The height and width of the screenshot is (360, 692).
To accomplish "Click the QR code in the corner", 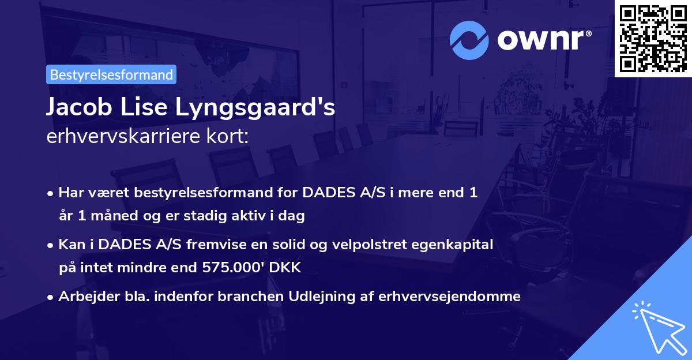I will [x=652, y=38].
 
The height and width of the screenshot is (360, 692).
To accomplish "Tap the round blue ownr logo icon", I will [x=468, y=40].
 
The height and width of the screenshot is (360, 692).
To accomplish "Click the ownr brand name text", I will [x=543, y=39].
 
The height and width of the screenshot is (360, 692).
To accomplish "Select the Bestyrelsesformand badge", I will [x=111, y=74].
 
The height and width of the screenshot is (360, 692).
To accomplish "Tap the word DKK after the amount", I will [x=287, y=268].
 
